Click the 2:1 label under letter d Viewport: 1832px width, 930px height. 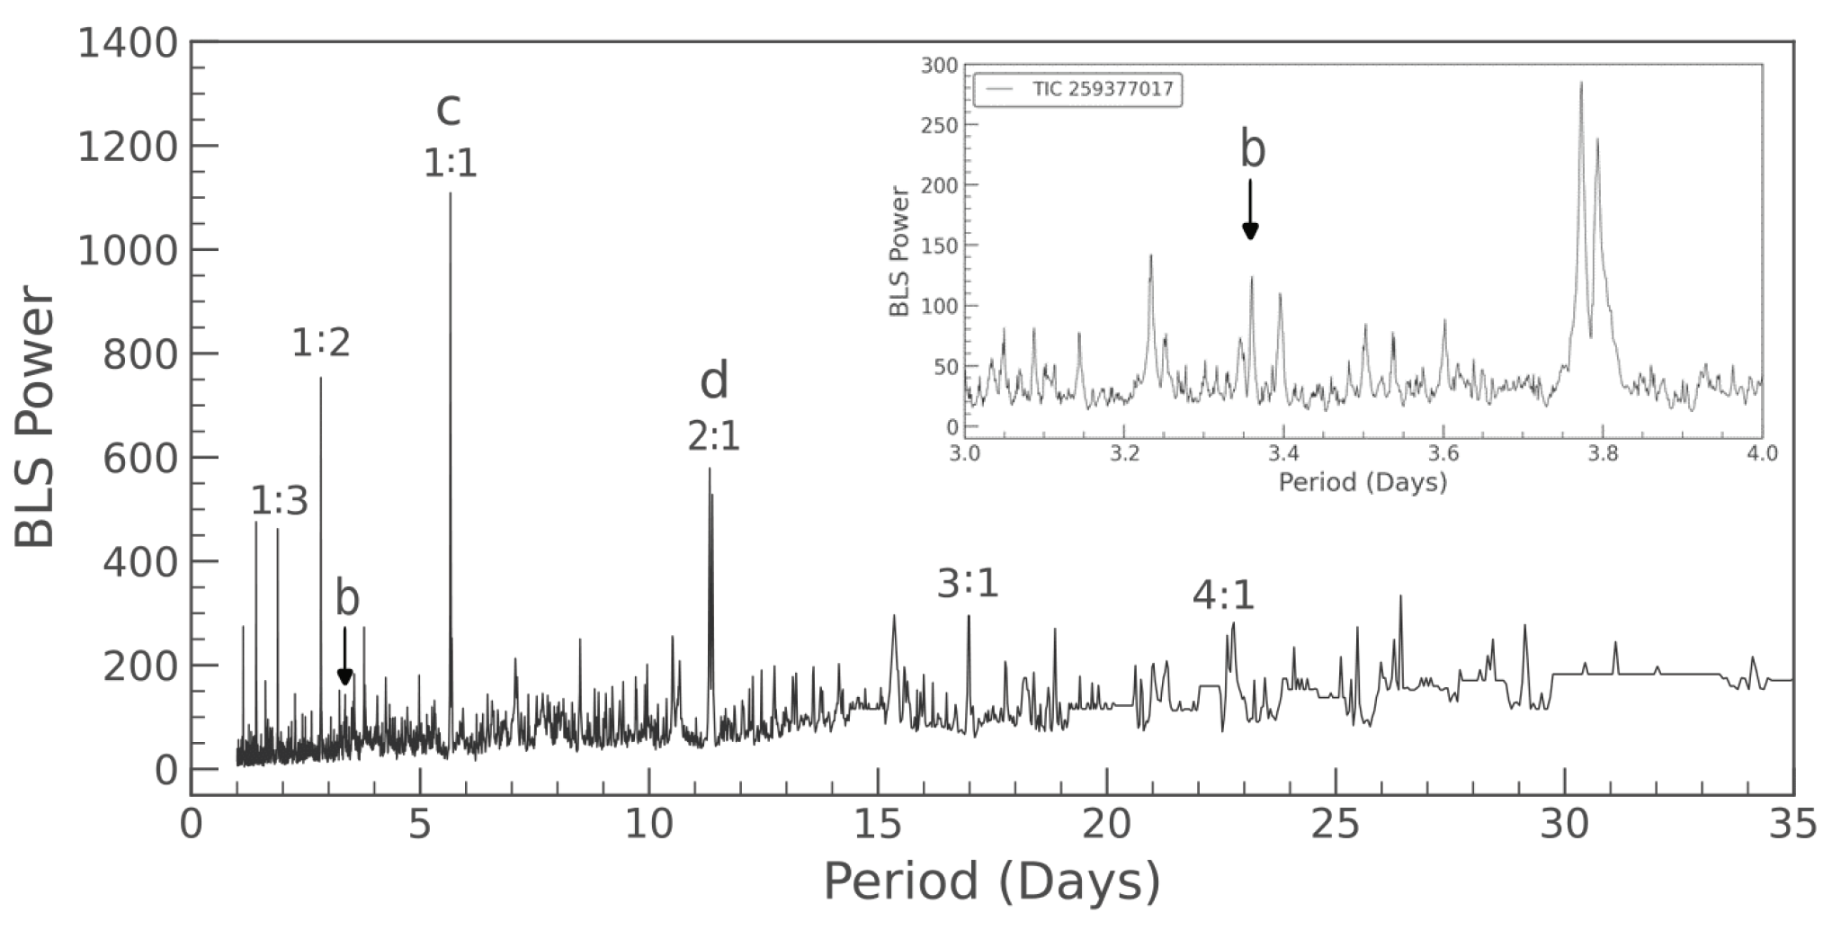coord(714,438)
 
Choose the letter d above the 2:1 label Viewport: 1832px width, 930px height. coord(714,382)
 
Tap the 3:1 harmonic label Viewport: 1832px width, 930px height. coord(968,585)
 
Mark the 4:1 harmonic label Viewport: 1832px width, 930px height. coord(1223,596)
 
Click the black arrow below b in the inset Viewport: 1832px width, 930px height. coord(1250,210)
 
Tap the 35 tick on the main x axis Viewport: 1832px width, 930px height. coord(1792,826)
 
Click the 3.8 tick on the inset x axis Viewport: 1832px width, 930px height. coord(1603,453)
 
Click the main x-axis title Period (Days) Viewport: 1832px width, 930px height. coord(991,881)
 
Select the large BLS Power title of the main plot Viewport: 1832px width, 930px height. coord(36,418)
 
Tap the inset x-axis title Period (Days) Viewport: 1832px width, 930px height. coord(1363,482)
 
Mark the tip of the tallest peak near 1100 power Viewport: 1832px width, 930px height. coord(451,194)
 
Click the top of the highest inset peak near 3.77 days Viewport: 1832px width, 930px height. coord(1581,84)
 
